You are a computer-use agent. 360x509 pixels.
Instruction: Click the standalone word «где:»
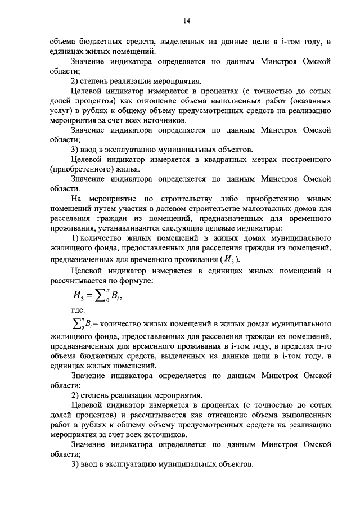[78, 310]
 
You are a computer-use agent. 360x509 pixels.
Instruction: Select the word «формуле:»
[131, 281]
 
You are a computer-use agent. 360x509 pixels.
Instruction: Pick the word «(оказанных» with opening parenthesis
[309, 101]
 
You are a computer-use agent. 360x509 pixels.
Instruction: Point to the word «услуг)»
[61, 111]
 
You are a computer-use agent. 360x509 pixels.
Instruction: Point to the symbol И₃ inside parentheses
[229, 260]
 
